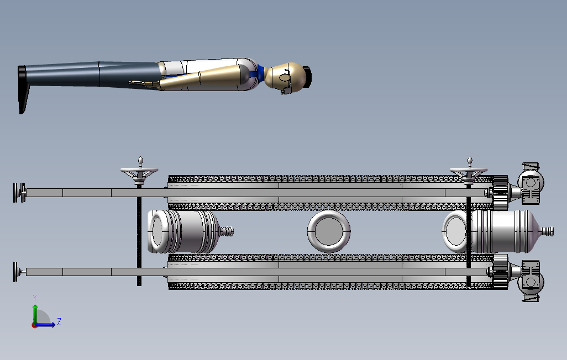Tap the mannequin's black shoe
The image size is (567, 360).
coord(23,88)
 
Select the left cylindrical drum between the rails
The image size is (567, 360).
coord(182,231)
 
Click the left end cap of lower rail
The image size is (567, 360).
coord(19,272)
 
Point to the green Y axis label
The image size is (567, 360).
coord(35,298)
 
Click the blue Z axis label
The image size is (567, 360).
coord(59,321)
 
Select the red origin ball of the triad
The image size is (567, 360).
coord(35,325)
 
